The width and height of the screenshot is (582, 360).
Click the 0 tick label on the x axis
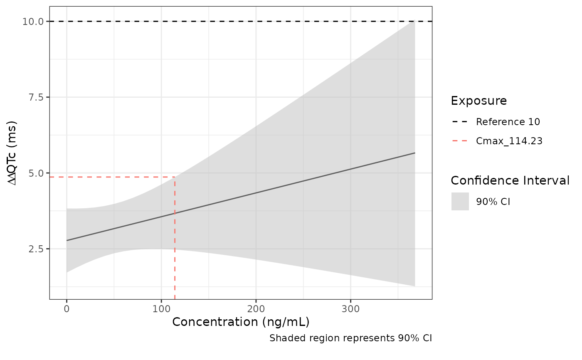coord(67,309)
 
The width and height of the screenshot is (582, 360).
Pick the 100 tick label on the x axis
coord(161,309)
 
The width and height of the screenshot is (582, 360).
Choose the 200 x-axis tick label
coord(256,309)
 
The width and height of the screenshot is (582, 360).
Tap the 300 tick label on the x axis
coord(350,309)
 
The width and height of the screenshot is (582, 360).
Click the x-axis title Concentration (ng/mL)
coord(241,322)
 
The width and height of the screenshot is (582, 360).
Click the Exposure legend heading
coord(478,101)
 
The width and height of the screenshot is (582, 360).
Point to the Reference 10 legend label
coord(508,122)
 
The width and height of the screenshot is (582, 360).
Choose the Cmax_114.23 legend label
coord(509,141)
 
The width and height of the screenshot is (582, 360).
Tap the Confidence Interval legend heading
coord(510,181)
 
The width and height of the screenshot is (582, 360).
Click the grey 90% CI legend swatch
coord(460,202)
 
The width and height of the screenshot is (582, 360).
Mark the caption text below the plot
coord(350,338)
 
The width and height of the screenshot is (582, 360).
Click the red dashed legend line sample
coord(460,141)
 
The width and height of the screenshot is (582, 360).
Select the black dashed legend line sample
coord(460,122)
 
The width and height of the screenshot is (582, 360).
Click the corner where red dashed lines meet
coord(175,177)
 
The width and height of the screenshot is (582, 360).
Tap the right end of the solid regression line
coord(414,153)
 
